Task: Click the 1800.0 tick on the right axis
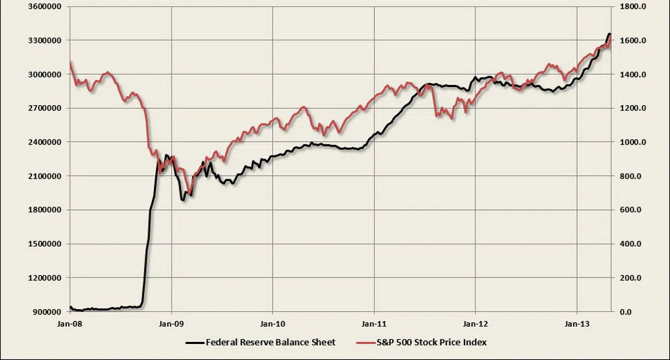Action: [633, 7]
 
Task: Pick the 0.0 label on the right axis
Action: [626, 312]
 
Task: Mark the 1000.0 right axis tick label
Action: [633, 143]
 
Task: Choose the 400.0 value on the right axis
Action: [631, 244]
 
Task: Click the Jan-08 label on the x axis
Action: [70, 324]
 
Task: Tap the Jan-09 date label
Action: [172, 324]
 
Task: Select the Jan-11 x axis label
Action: [374, 324]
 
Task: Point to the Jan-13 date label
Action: [577, 324]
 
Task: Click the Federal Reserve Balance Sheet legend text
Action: [270, 342]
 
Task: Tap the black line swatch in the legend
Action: [193, 343]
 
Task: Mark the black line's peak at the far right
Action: [609, 33]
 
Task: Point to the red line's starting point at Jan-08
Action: [70, 63]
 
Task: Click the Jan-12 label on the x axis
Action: [475, 324]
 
